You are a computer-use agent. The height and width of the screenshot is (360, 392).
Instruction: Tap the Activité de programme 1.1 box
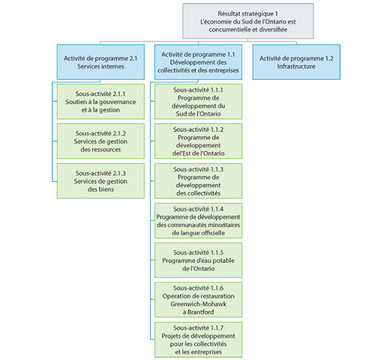tap(198, 62)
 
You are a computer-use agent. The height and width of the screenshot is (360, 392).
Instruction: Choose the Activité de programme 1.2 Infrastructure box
tap(295, 62)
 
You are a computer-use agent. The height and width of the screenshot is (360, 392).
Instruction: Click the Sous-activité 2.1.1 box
tap(100, 102)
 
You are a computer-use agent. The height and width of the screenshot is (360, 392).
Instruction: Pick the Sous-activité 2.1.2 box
tap(100, 141)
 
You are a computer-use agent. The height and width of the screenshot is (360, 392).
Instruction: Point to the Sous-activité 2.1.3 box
tap(100, 181)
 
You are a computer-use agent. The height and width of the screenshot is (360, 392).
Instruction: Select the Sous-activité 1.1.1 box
tap(198, 102)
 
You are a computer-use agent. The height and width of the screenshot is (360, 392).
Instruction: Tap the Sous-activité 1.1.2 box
tap(198, 141)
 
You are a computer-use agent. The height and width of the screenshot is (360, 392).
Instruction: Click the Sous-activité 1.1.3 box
tap(198, 181)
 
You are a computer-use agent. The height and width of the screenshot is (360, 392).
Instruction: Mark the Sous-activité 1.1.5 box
tap(198, 260)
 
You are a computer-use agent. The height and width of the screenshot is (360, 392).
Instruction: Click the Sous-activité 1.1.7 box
tap(198, 339)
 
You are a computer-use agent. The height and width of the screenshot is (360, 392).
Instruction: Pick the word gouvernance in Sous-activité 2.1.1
tap(113, 102)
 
